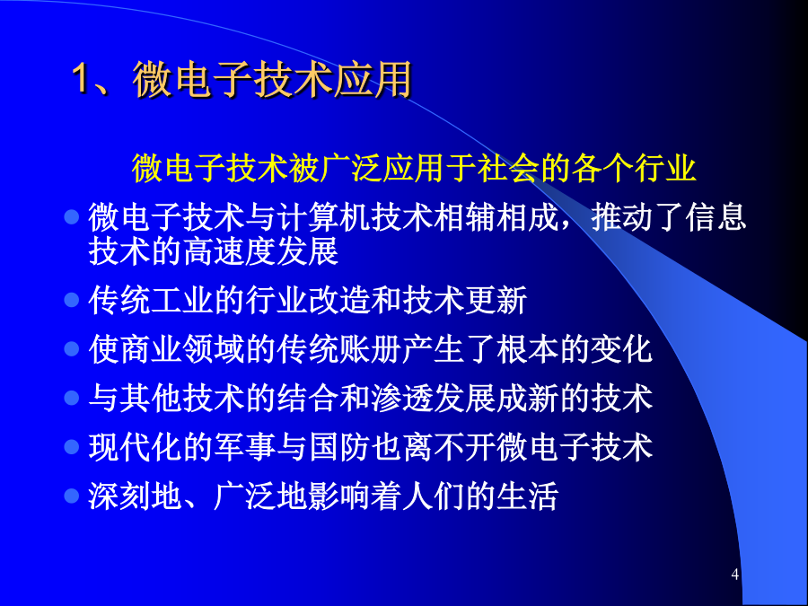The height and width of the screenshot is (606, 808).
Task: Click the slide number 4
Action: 734,574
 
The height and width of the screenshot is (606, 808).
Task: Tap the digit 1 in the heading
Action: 81,79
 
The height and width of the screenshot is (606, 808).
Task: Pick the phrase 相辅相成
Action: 496,217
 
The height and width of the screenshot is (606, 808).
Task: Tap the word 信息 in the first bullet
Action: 716,217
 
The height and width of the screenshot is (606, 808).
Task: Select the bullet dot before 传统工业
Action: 72,300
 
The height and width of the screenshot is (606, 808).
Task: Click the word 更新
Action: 496,300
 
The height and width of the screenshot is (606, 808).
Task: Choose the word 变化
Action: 621,349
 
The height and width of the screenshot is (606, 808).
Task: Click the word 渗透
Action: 402,398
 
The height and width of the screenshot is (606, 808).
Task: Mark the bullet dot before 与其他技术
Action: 72,398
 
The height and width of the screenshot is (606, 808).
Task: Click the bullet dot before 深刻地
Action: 72,496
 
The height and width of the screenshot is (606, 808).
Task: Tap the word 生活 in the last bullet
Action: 528,496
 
